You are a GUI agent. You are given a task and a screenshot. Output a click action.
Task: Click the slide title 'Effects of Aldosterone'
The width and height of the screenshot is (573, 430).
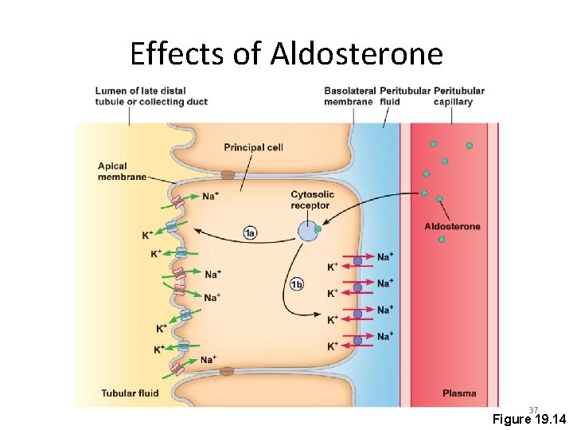coord(286,54)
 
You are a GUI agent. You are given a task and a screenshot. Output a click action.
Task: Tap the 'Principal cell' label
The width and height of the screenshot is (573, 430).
coord(253,147)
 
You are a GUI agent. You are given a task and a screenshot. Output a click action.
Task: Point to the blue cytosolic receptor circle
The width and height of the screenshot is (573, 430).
coord(307,232)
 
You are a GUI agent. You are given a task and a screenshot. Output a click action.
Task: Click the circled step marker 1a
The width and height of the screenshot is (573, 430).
coord(251,233)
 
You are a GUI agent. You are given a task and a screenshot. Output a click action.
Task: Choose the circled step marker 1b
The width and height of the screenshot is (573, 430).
coord(297,284)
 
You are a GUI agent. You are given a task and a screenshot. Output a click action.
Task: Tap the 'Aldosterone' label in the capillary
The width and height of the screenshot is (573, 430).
coord(452,226)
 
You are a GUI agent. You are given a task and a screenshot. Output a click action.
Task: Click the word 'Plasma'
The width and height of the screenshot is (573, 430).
coord(459,393)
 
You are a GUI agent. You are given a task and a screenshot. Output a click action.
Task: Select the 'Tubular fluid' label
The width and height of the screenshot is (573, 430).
coord(130,393)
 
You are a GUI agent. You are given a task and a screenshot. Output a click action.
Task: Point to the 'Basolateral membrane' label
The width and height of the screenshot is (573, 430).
coord(349,96)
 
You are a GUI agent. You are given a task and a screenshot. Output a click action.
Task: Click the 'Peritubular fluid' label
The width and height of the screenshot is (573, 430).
coord(404,96)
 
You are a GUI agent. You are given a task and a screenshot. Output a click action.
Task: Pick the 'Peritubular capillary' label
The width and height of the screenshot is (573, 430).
coord(458,96)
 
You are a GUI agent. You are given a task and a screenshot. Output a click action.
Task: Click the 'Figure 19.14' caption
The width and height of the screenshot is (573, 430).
coord(528,420)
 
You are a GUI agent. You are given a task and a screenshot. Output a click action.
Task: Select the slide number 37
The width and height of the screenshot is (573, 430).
coord(533,409)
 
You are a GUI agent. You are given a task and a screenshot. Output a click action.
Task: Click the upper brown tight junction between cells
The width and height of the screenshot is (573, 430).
coord(228,174)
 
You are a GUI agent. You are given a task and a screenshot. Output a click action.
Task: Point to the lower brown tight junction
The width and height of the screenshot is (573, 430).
coord(228,371)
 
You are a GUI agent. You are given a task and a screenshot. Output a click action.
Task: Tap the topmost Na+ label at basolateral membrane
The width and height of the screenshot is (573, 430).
coord(385,256)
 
